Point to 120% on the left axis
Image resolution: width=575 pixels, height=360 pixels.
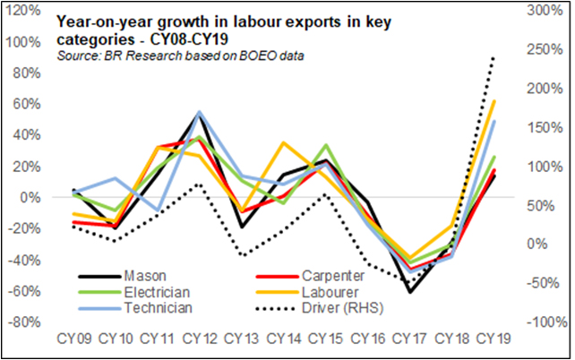21,10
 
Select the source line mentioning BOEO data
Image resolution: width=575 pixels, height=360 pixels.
179,56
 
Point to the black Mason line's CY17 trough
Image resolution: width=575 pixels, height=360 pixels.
409,292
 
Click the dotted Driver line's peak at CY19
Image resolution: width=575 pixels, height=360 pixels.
493,57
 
